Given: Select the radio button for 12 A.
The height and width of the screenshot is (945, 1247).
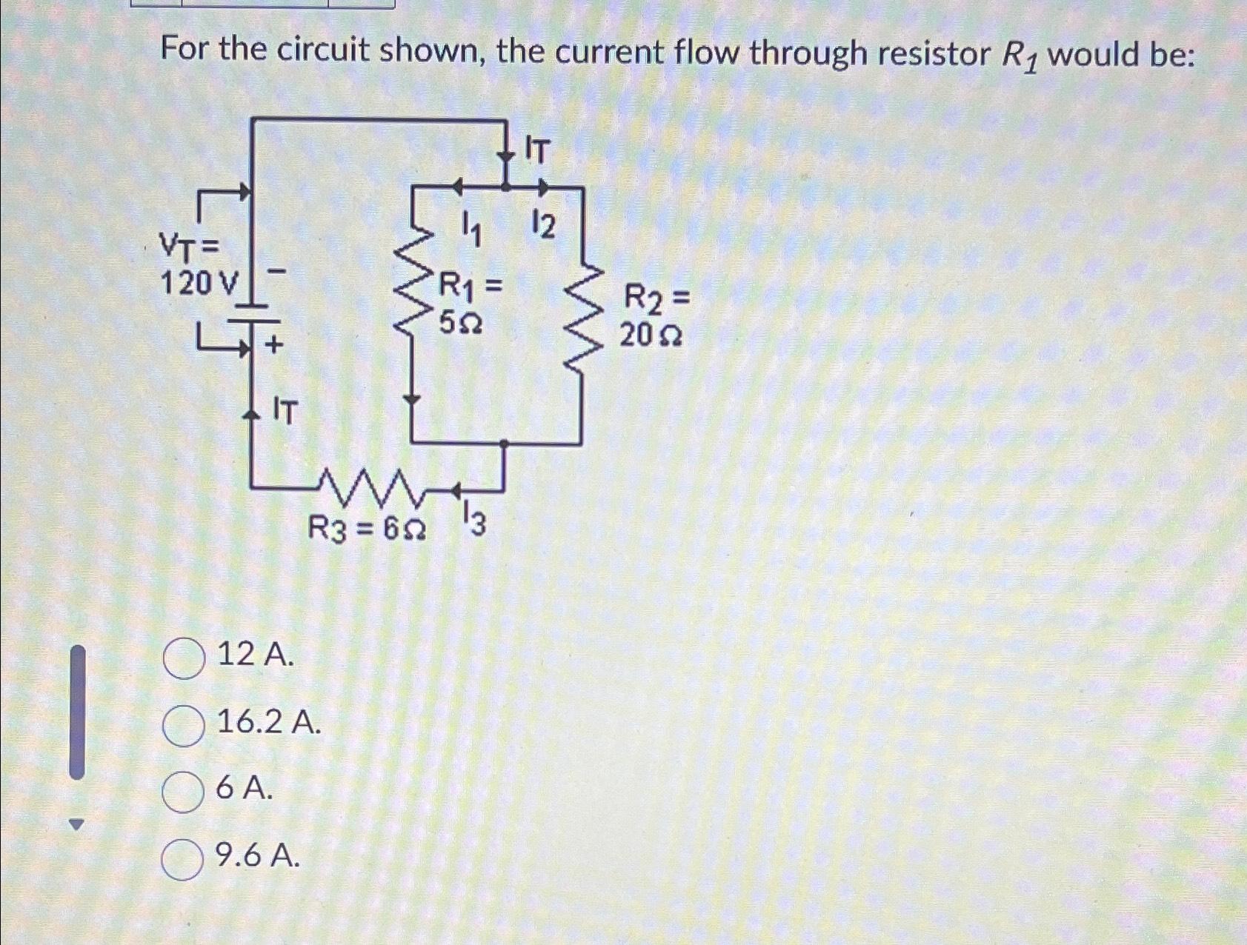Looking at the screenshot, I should point(184,659).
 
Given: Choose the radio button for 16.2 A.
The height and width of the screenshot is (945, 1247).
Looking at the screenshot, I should point(183,726).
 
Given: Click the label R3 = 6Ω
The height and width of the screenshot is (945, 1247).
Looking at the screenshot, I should point(366,529).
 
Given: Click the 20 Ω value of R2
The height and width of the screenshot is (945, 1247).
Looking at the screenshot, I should point(651,336).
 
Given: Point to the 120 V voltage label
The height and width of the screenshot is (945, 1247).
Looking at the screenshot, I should point(200,282).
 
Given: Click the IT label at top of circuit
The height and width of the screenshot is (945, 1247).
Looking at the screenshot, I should point(538,150).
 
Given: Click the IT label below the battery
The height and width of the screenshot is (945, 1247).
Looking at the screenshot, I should point(285,411).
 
